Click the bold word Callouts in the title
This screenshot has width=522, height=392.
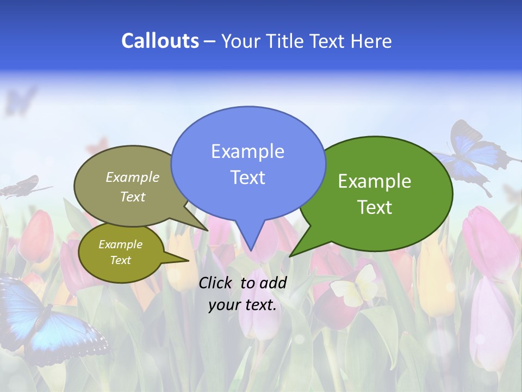point(160,41)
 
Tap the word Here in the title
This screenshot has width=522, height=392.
point(372,41)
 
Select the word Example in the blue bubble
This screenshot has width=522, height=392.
point(247,151)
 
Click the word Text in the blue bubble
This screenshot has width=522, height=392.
point(247,177)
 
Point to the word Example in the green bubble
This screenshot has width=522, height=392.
point(375,181)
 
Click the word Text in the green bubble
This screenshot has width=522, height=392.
point(375,207)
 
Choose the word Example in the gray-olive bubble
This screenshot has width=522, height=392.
point(133,177)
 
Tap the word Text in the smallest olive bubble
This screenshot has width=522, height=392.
point(120,260)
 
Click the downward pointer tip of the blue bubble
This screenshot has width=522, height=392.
point(251,250)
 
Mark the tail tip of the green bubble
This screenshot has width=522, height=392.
point(291,255)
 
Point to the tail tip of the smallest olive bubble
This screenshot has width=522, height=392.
point(188,261)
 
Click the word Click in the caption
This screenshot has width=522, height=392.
point(216,283)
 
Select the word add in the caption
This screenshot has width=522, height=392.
point(273,283)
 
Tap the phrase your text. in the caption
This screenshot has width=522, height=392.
point(243,305)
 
